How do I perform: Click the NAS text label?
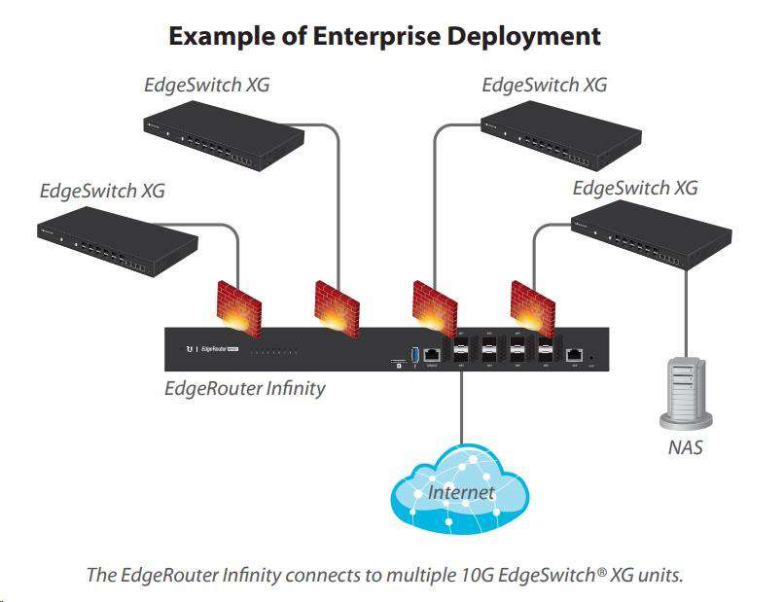[x=684, y=448]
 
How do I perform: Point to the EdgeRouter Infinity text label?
[x=244, y=388]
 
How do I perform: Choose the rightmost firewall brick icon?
[x=532, y=304]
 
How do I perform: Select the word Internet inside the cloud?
[x=461, y=492]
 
